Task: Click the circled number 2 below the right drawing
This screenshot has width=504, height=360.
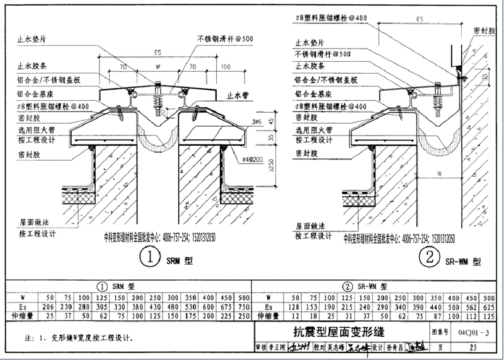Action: (430, 257)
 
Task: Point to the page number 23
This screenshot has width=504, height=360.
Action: (472, 347)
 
